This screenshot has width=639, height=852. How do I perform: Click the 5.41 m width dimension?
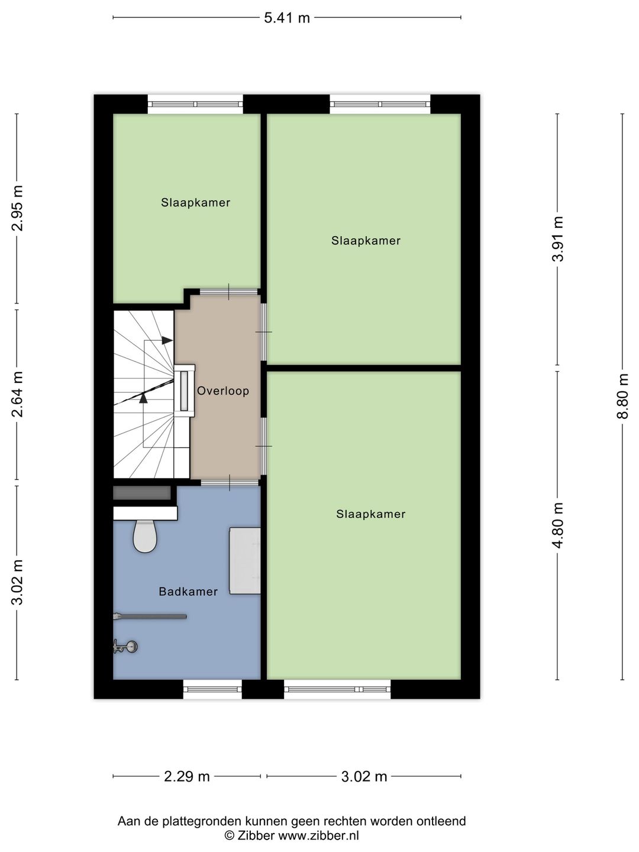(287, 18)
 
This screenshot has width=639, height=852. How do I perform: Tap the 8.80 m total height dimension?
(622, 396)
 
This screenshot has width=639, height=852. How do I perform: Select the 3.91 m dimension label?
(557, 238)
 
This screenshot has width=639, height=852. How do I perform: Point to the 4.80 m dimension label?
(557, 525)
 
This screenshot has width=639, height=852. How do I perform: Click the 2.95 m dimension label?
(17, 208)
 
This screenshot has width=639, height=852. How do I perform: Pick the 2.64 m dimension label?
(17, 394)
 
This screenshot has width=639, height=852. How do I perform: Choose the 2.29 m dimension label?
(186, 777)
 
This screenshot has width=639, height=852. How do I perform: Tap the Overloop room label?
(223, 391)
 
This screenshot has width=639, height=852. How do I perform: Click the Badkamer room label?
(188, 592)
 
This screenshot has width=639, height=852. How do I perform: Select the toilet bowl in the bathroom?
(145, 536)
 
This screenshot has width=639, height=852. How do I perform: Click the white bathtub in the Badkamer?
(245, 561)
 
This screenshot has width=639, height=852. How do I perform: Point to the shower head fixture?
(125, 647)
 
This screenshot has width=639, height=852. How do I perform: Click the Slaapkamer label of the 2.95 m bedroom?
(196, 202)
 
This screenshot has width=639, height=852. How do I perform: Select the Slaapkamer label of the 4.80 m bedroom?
(371, 514)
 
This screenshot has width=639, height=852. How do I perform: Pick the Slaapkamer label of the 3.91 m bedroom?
(366, 241)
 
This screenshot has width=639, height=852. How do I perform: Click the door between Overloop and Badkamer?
(230, 483)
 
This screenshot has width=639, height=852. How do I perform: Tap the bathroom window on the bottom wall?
(212, 689)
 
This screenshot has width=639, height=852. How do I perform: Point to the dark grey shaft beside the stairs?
(142, 493)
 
